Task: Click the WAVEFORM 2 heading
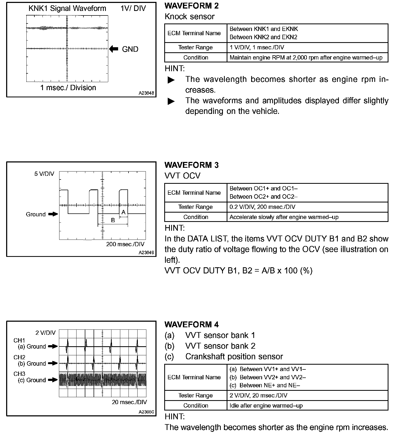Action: pos(191,6)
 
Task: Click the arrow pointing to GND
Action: pos(114,49)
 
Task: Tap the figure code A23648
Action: pos(146,93)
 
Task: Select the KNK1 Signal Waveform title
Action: pos(67,9)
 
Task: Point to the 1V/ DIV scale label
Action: pos(133,9)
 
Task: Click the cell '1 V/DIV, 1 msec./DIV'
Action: pos(257,47)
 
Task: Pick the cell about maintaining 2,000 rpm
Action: pos(306,58)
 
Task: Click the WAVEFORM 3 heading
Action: pos(191,165)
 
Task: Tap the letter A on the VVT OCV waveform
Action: pos(123,212)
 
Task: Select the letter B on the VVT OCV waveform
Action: pos(113,220)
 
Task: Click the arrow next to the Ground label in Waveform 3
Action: pos(53,214)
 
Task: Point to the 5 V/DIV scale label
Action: pos(44,174)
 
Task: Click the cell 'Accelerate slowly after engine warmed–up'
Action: pos(284,217)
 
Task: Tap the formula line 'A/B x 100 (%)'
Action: pos(238,270)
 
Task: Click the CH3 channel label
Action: pos(19,374)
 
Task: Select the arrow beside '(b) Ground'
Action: pos(53,363)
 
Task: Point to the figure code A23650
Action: pos(146,412)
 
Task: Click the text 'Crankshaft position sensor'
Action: pos(234,356)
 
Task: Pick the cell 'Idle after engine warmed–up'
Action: pos(266,406)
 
